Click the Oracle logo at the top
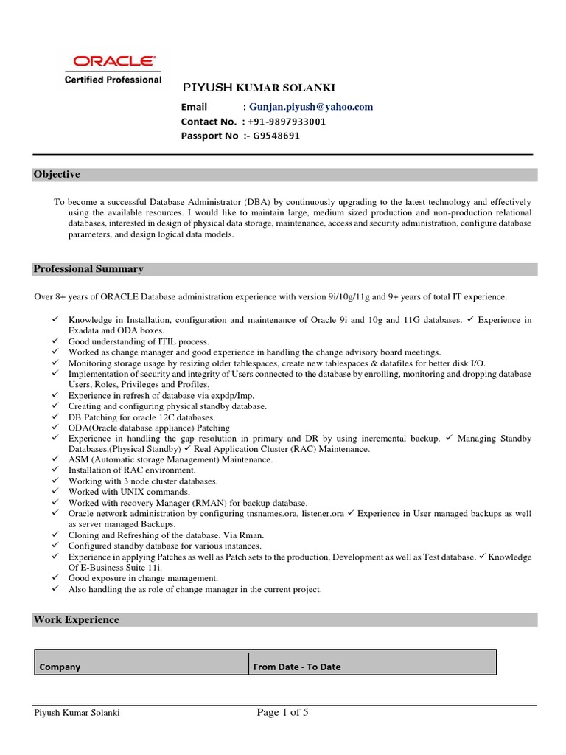(x=123, y=61)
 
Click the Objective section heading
(x=57, y=175)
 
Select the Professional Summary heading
(x=88, y=269)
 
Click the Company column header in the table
(x=60, y=667)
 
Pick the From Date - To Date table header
(x=297, y=667)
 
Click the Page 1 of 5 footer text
(x=283, y=712)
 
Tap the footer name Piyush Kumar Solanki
(x=77, y=713)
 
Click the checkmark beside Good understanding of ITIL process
(x=56, y=342)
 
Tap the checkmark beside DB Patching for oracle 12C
(x=56, y=417)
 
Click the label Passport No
(x=209, y=136)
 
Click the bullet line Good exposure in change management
(x=143, y=579)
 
